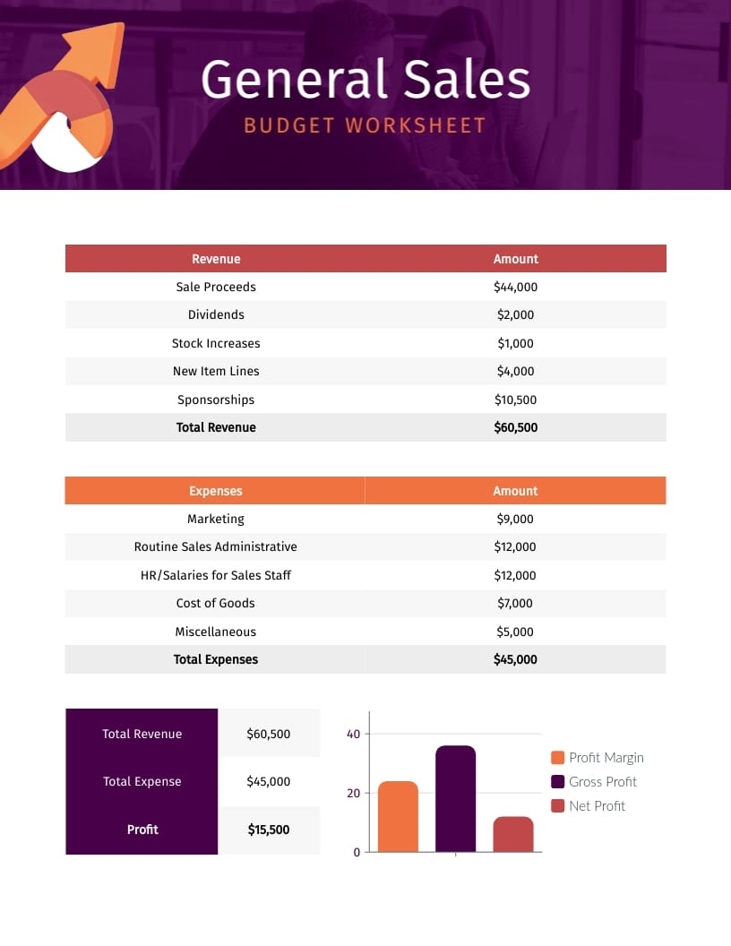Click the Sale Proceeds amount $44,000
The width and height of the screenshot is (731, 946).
[515, 287]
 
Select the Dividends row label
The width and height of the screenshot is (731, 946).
[216, 315]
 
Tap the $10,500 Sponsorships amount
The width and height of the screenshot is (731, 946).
[515, 400]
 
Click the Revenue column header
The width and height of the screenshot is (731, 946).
[216, 259]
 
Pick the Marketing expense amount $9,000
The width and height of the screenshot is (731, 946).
[515, 519]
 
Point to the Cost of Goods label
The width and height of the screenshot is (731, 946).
[216, 603]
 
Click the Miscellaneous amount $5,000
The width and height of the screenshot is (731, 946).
[515, 632]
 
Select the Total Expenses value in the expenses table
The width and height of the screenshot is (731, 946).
[515, 659]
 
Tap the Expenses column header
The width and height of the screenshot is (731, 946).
[216, 491]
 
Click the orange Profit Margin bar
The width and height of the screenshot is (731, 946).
[398, 817]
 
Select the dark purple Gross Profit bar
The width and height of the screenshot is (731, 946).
[455, 799]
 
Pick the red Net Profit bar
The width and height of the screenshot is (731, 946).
[513, 834]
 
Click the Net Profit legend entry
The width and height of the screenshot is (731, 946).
[597, 806]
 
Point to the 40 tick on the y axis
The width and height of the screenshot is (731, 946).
[353, 735]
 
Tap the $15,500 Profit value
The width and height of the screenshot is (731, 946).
[269, 830]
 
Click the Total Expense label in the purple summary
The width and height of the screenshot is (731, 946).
[142, 782]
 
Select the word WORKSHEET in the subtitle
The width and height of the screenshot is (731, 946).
[416, 125]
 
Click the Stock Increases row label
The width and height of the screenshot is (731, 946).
[216, 343]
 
